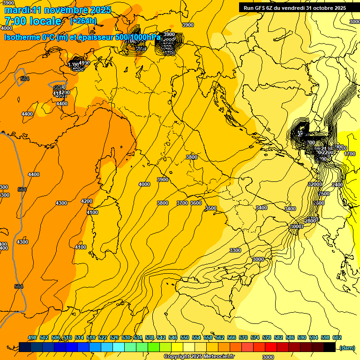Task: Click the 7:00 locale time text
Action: point(33,21)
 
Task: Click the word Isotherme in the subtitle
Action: point(22,37)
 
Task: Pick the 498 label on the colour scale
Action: point(32,337)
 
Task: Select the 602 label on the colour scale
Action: point(337,337)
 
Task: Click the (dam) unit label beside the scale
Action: point(347,347)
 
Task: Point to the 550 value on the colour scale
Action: point(185,337)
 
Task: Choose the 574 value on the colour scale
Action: point(255,337)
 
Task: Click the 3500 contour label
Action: point(211,208)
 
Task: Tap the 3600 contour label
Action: point(196,203)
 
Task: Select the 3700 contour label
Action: point(182,203)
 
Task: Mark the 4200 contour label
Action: point(87,201)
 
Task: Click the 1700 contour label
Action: point(349,154)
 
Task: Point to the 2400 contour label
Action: point(337,185)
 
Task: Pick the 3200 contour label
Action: point(315,185)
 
